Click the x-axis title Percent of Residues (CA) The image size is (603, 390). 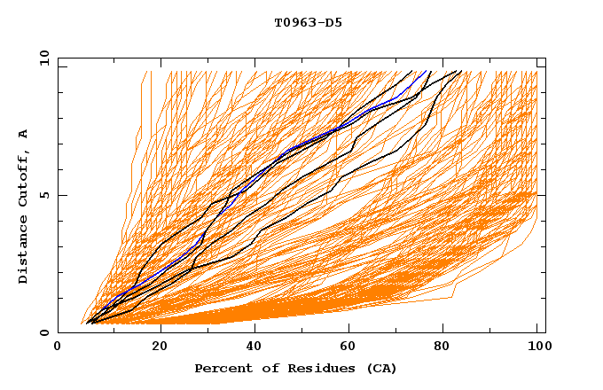pyautogui.click(x=295, y=368)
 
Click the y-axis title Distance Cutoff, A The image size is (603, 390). pyautogui.click(x=23, y=206)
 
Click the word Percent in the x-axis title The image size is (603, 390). pyautogui.click(x=219, y=368)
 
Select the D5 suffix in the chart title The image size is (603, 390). pyautogui.click(x=333, y=22)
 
